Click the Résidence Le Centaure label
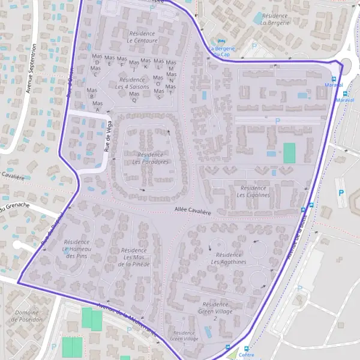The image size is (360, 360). (142, 37)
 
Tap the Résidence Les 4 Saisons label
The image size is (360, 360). (132, 83)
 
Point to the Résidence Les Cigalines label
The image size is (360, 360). (253, 191)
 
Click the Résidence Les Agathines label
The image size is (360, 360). (229, 258)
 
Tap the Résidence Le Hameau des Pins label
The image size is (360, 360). (76, 248)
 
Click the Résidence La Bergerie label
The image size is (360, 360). (275, 19)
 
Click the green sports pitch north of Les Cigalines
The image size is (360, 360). (289, 152)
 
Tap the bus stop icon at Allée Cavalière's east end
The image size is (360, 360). (303, 209)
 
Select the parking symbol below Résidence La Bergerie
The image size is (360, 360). (254, 46)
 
